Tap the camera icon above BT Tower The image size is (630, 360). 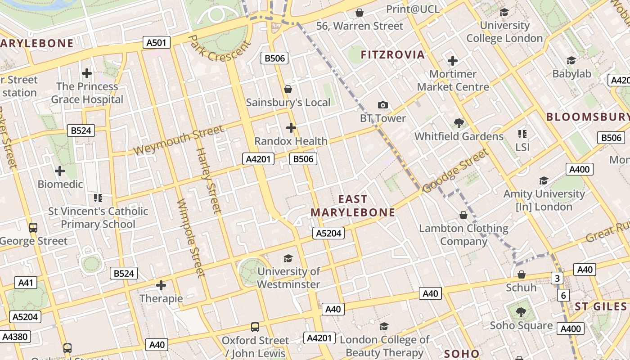pyautogui.click(x=383, y=105)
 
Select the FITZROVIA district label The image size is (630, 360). pyautogui.click(x=393, y=55)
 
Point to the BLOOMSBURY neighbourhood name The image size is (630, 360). pyautogui.click(x=588, y=117)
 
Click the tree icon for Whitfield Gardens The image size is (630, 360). pyautogui.click(x=459, y=122)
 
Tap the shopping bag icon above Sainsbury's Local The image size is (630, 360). pyautogui.click(x=288, y=89)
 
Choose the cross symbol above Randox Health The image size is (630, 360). pyautogui.click(x=291, y=128)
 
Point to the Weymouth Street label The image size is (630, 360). pyautogui.click(x=179, y=140)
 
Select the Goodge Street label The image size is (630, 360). pyautogui.click(x=456, y=171)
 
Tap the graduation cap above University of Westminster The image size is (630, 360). pyautogui.click(x=288, y=258)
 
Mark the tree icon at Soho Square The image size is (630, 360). pyautogui.click(x=521, y=312)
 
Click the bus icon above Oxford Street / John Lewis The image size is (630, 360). pyautogui.click(x=255, y=327)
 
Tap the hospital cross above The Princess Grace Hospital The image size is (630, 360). pyautogui.click(x=87, y=73)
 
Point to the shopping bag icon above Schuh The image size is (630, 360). pyautogui.click(x=522, y=274)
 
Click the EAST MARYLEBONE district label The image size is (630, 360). pyautogui.click(x=353, y=206)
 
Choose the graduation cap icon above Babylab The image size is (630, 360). pyautogui.click(x=571, y=60)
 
